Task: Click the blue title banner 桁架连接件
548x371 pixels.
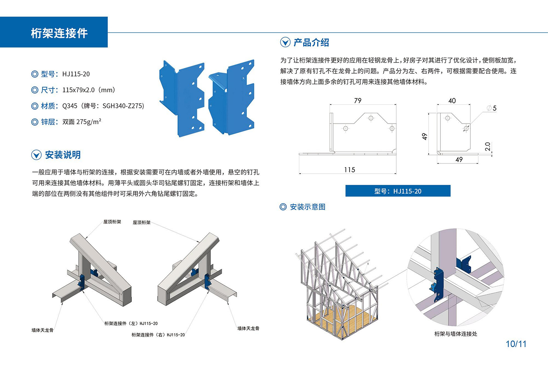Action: [59, 33]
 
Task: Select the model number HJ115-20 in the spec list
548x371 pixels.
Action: [76, 74]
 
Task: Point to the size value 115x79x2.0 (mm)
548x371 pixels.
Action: [88, 90]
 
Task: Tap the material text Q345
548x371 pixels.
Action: [70, 106]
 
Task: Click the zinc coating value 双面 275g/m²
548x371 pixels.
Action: [82, 122]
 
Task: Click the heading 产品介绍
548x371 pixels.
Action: [311, 43]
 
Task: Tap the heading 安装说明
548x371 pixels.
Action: [63, 155]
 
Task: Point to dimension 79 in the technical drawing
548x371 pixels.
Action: [358, 100]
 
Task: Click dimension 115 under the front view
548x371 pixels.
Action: [349, 170]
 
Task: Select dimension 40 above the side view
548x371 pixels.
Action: [452, 100]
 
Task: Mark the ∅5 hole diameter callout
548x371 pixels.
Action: [492, 108]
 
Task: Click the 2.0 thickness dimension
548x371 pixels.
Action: [488, 146]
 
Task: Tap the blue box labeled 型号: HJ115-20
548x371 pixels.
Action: [398, 191]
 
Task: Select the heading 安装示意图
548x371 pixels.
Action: [307, 207]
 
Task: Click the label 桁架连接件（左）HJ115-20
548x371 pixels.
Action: [131, 323]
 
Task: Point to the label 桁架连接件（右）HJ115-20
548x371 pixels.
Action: [158, 335]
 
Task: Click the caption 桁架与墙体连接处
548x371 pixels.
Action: [456, 334]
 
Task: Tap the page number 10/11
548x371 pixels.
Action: [516, 344]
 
